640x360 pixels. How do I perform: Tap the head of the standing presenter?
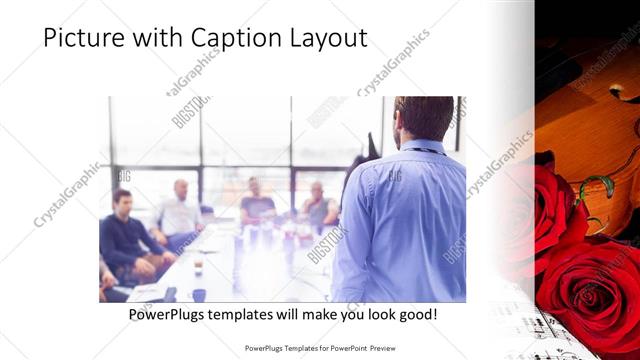coord(424,118)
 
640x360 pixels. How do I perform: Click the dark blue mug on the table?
coord(199,294)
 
